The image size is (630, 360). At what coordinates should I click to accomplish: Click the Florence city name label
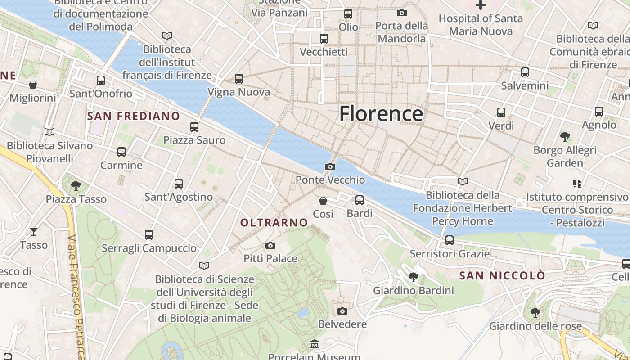(381, 113)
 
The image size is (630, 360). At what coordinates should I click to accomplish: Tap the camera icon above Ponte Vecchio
(330, 167)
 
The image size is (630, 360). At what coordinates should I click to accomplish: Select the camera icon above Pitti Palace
(270, 245)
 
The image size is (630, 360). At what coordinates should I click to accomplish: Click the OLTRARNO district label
(274, 223)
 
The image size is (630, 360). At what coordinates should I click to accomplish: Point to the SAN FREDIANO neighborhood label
(134, 116)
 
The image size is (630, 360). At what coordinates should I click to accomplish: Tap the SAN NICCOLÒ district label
(502, 275)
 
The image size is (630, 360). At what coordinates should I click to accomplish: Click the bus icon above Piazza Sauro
(194, 127)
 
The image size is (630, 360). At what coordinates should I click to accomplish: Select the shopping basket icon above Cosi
(323, 201)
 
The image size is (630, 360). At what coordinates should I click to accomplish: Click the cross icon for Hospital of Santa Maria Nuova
(481, 5)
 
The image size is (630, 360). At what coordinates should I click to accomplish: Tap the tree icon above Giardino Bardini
(413, 277)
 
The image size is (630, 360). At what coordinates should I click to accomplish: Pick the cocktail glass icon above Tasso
(34, 232)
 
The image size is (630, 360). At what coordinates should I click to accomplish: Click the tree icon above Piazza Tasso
(76, 185)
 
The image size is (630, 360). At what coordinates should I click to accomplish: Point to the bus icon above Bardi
(359, 200)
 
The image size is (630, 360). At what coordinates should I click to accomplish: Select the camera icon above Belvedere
(342, 311)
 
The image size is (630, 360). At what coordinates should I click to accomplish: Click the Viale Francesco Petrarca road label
(75, 297)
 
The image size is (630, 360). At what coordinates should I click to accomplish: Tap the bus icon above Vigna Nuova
(239, 79)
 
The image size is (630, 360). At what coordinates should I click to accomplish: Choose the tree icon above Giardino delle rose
(535, 312)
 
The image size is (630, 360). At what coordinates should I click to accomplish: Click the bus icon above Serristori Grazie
(449, 240)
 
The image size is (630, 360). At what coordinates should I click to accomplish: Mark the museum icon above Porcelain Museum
(315, 345)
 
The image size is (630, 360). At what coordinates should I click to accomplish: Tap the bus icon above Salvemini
(525, 72)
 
